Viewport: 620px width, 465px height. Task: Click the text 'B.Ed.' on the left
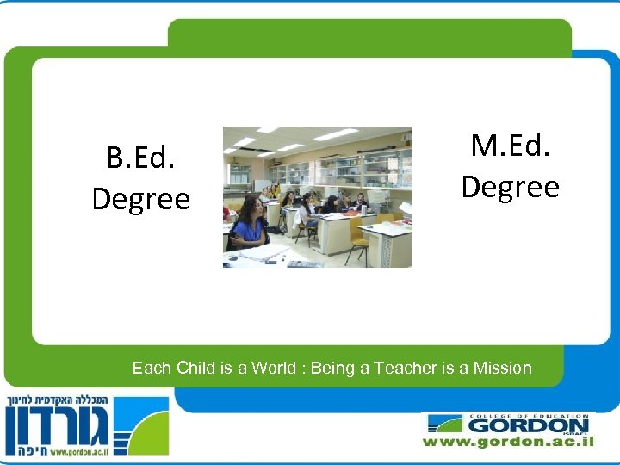pyautogui.click(x=140, y=158)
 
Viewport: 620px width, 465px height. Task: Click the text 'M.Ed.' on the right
pyautogui.click(x=510, y=146)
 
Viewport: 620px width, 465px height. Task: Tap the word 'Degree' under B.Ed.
pyautogui.click(x=140, y=199)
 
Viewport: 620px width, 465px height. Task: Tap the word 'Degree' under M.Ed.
pyautogui.click(x=510, y=186)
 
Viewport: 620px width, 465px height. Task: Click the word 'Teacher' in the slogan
pyautogui.click(x=405, y=369)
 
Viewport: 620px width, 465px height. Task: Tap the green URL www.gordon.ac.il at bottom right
pyautogui.click(x=508, y=442)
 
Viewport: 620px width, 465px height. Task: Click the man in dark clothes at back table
pyautogui.click(x=360, y=203)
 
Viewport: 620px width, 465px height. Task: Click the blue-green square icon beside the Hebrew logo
pyautogui.click(x=142, y=425)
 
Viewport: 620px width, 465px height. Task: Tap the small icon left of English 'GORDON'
pyautogui.click(x=446, y=425)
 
